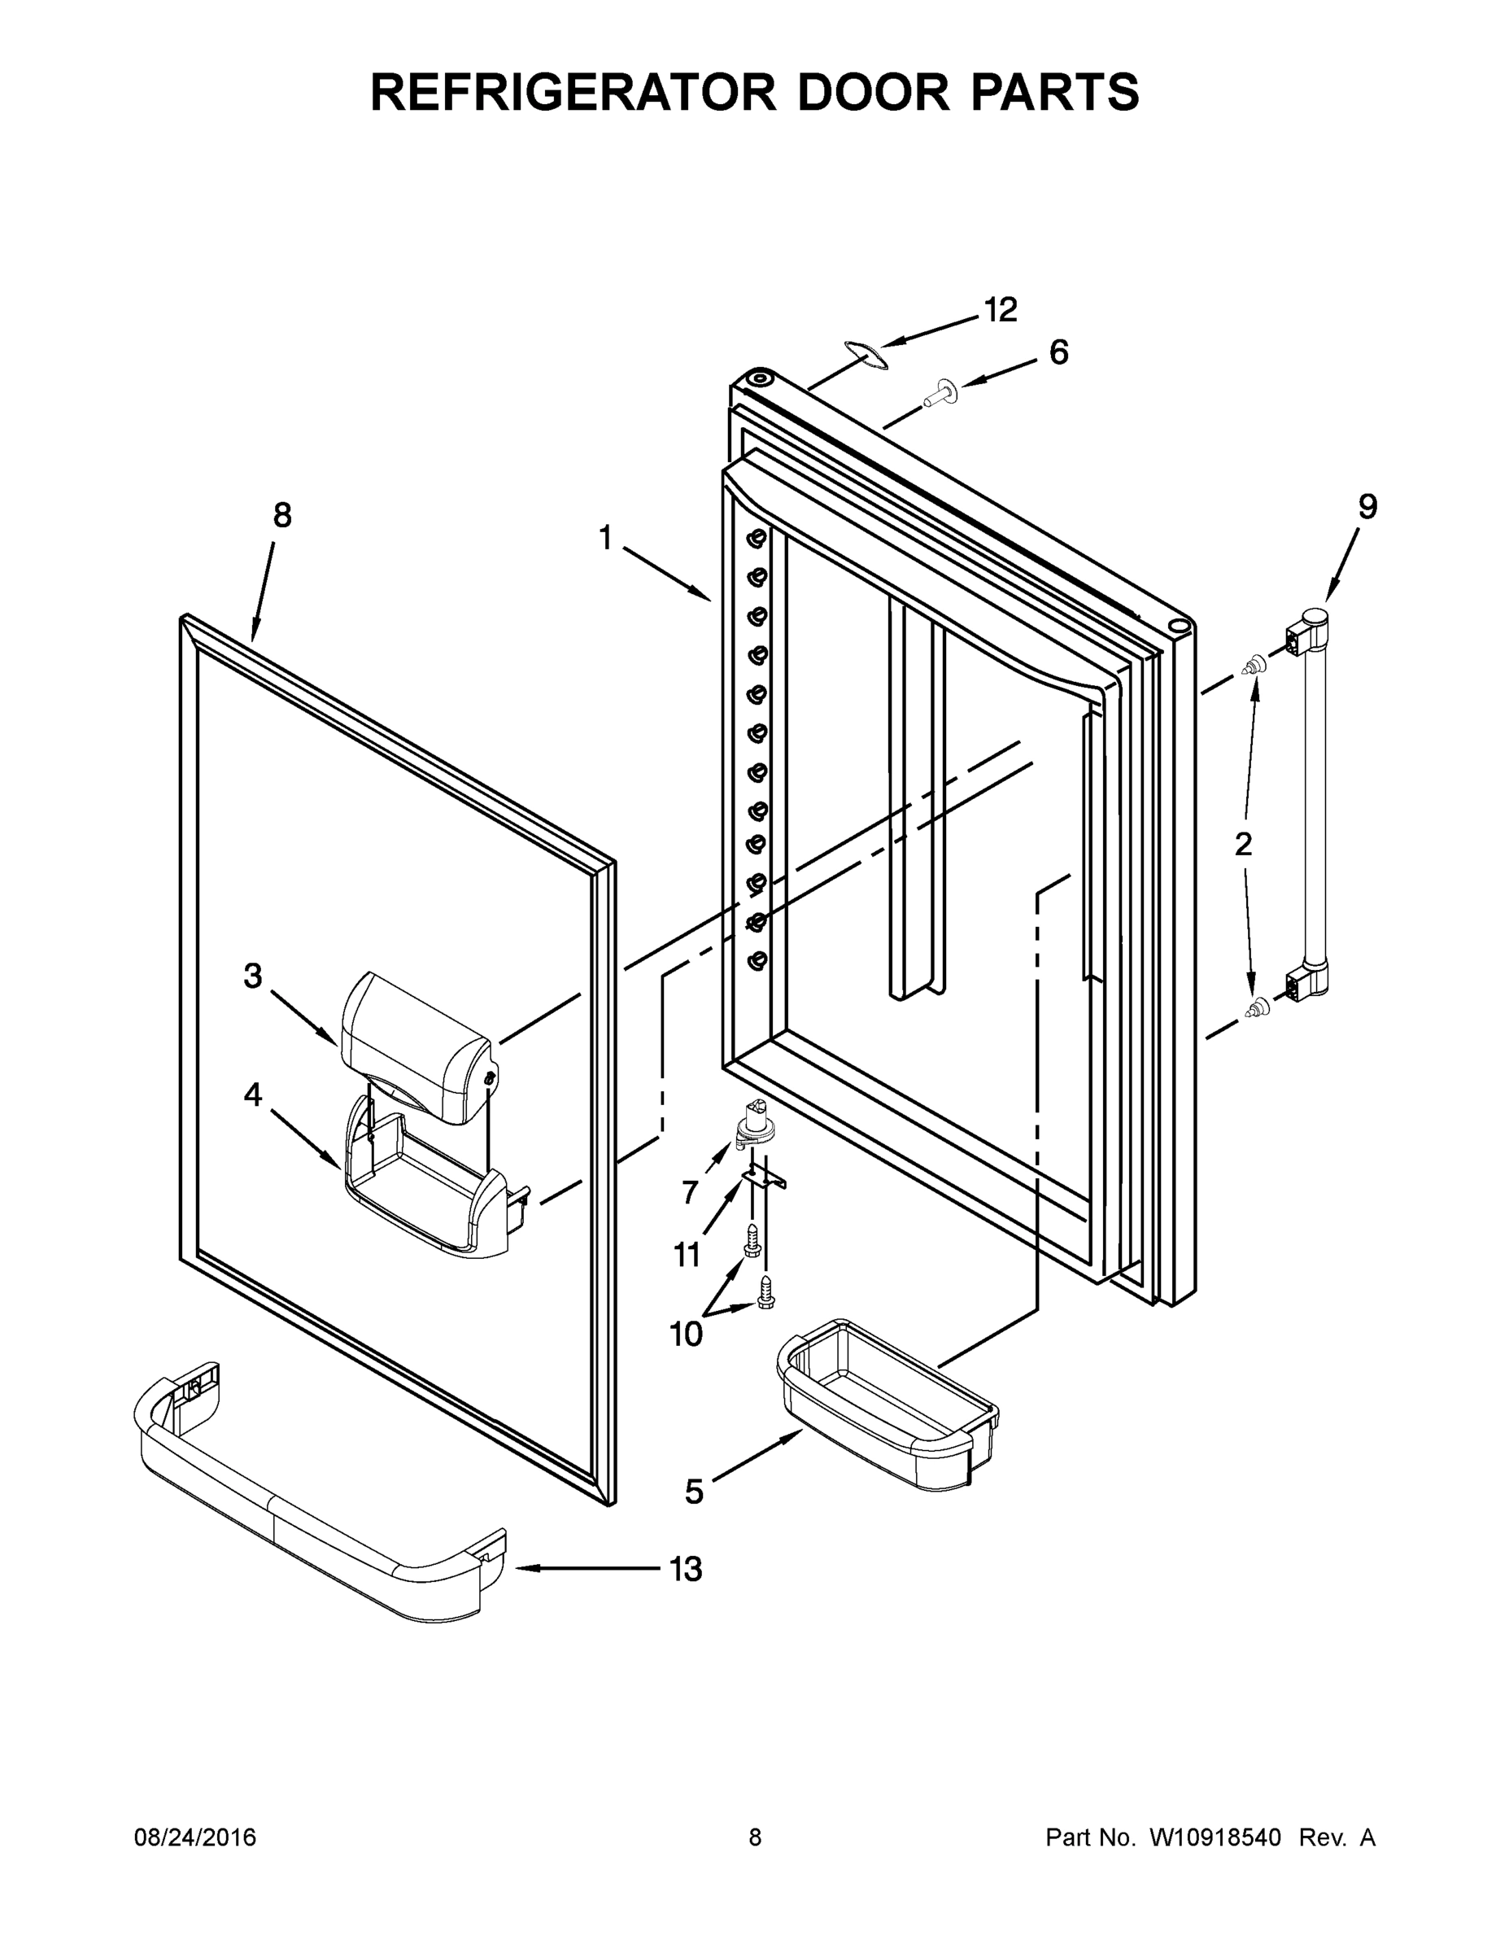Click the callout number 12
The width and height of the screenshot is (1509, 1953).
point(1001,310)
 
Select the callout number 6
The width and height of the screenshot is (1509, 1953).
point(1058,352)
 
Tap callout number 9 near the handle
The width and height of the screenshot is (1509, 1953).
point(1367,507)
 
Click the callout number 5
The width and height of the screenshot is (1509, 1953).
point(694,1491)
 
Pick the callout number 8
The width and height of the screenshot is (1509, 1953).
point(281,515)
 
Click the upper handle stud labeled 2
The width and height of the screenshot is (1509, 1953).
point(1255,666)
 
